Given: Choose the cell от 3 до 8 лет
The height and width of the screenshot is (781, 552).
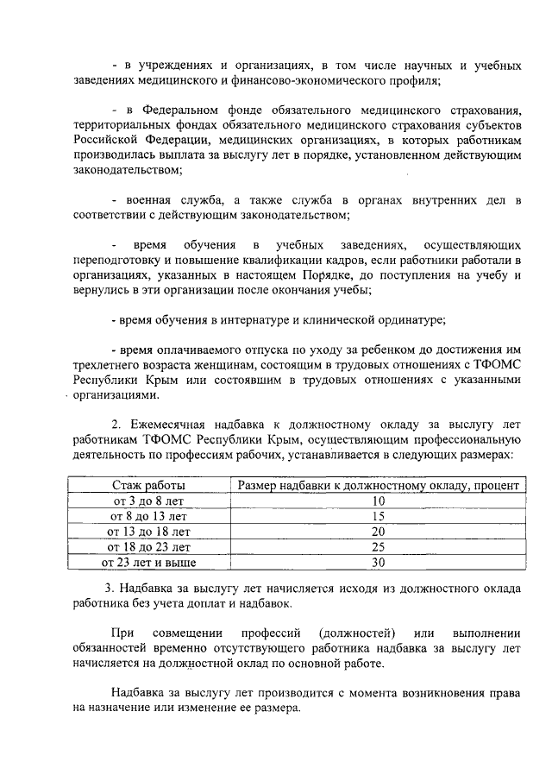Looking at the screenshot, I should (148, 501).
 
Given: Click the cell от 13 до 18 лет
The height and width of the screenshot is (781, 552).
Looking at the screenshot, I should (148, 532).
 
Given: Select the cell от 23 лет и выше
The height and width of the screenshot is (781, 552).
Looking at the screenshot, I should (148, 563).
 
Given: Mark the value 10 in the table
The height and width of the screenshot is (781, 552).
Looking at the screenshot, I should (378, 501).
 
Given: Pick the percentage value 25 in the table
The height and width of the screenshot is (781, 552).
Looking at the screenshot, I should (378, 547).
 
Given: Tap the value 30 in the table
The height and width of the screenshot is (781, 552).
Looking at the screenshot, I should (378, 563).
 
